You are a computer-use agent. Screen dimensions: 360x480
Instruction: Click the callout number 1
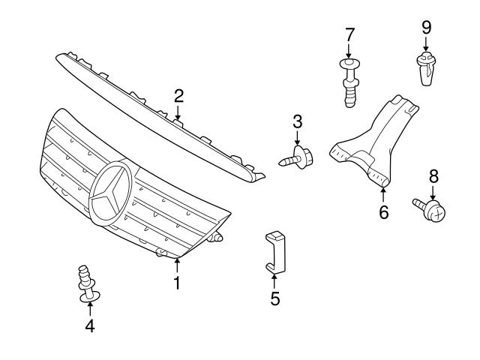point(177,283)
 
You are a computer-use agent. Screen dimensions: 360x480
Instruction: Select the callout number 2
point(178,95)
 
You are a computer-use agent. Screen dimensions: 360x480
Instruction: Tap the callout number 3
point(298,121)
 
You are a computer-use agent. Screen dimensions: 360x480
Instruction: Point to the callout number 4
point(90,326)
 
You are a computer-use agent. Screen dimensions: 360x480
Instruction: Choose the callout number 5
point(274,298)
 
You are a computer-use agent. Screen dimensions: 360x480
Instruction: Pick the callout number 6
point(384,212)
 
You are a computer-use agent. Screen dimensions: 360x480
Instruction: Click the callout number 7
point(349,34)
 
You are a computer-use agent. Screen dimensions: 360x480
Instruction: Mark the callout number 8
point(433,176)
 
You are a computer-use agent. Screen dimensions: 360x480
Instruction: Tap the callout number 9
point(426,27)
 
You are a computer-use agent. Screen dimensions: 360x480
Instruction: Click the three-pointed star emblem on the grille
point(110,193)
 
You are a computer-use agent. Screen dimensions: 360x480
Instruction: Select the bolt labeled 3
point(298,158)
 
